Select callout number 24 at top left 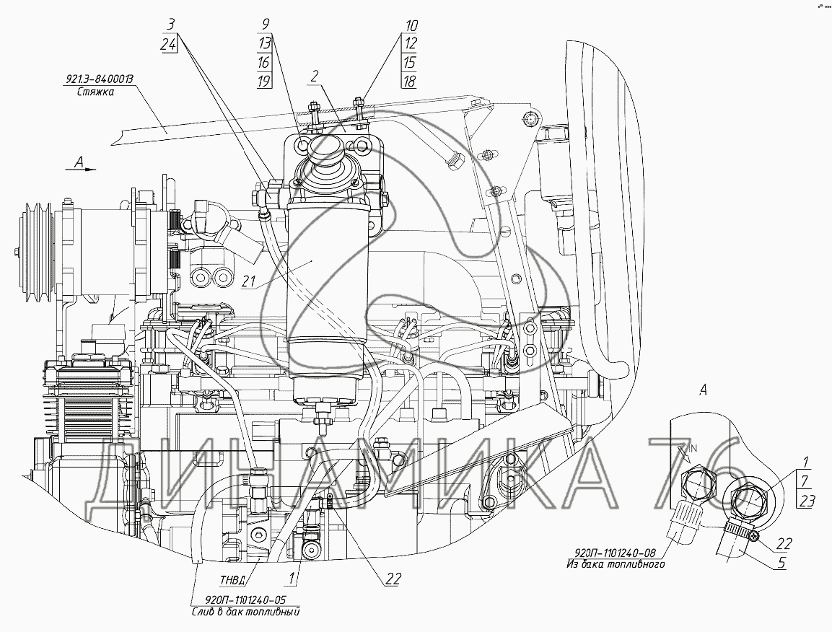pos(170,43)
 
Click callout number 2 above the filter pos(315,75)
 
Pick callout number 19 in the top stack pos(265,80)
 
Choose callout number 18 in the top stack pos(410,80)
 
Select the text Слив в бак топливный pos(245,610)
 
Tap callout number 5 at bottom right pos(782,564)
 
